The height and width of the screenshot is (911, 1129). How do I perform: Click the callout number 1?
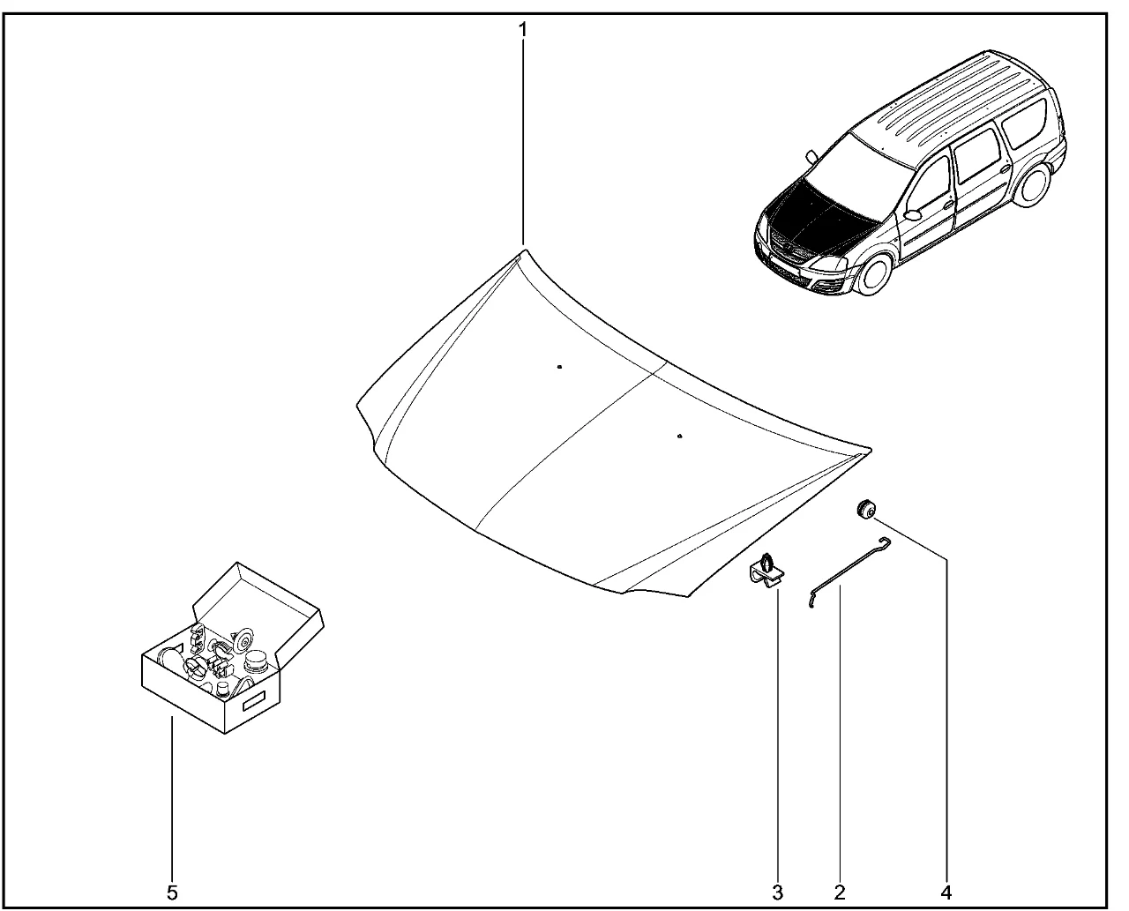(523, 30)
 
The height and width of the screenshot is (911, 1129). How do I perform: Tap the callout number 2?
(839, 892)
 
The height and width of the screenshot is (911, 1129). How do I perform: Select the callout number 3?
(777, 892)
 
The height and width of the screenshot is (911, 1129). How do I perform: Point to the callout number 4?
(946, 892)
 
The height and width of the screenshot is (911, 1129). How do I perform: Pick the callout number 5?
(172, 892)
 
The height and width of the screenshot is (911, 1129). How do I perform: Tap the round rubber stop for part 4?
(865, 509)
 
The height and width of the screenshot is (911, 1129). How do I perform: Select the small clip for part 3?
(767, 571)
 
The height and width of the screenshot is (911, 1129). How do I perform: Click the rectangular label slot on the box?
(253, 701)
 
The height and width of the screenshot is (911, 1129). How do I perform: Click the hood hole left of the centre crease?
(559, 367)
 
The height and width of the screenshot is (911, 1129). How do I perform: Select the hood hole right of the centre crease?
(679, 437)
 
